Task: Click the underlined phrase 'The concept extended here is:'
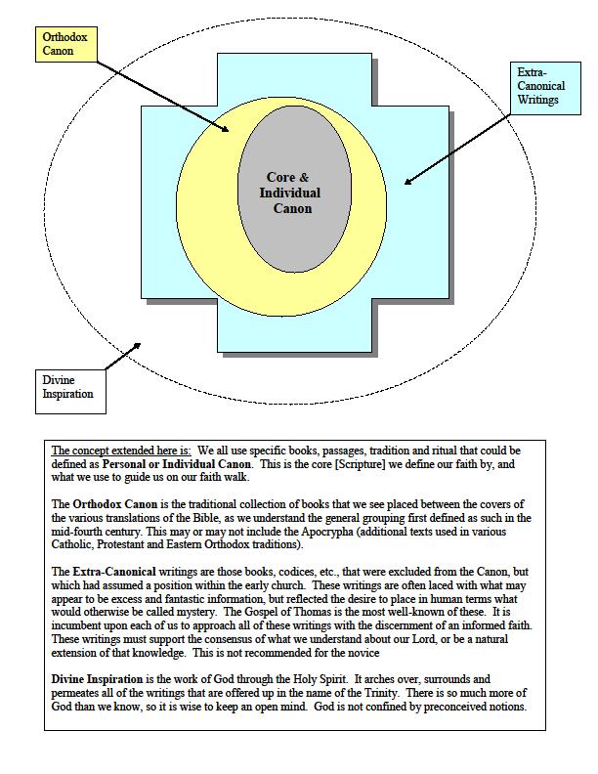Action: tap(121, 451)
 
